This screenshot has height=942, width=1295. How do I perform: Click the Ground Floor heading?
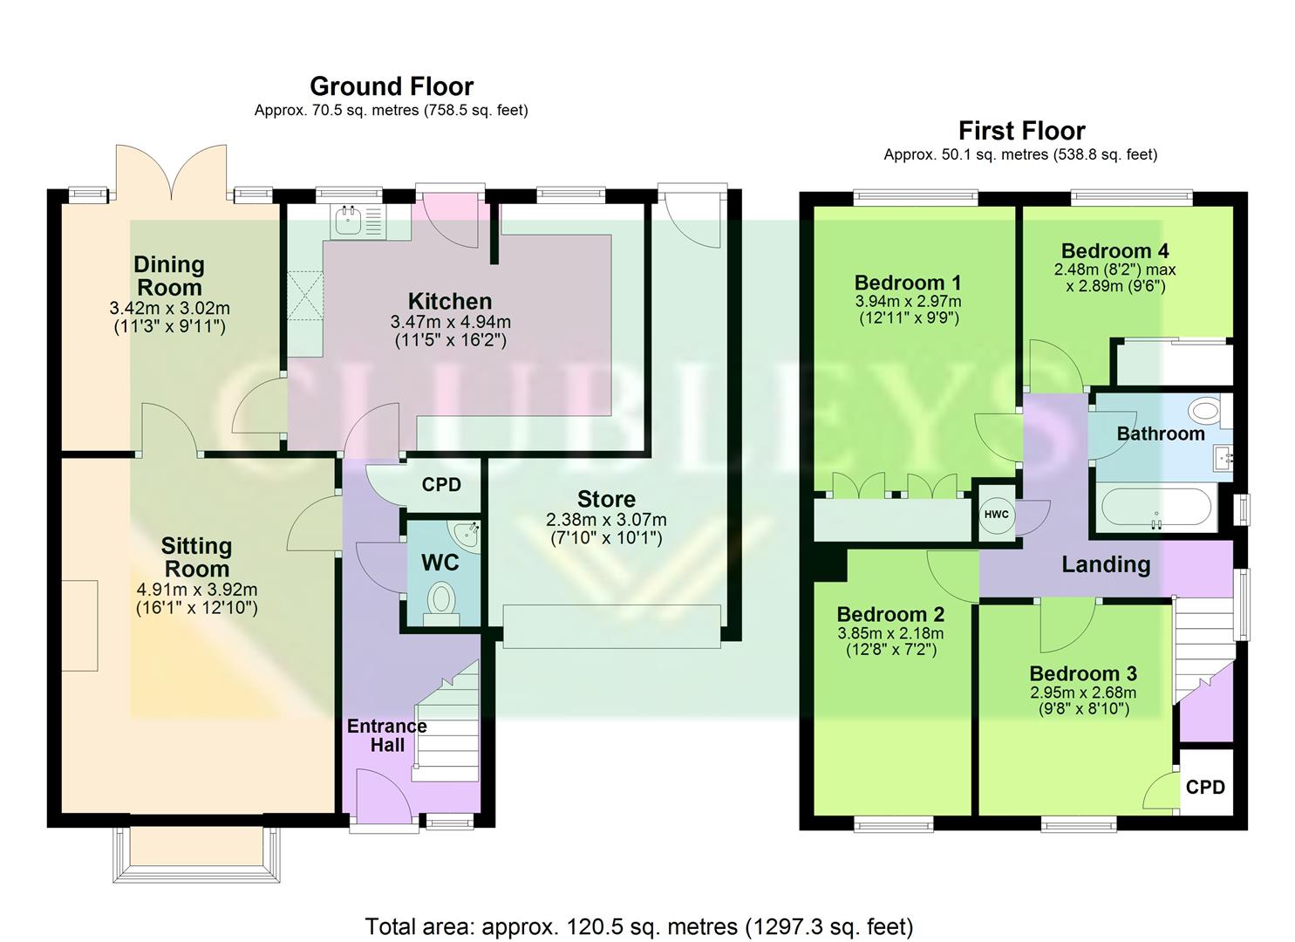[x=392, y=86]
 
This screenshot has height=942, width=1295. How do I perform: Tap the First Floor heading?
[x=1021, y=131]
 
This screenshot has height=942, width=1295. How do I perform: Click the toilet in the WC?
[x=442, y=600]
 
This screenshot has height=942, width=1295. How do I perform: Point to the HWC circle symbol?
[x=996, y=515]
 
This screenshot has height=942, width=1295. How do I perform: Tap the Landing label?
[x=1105, y=564]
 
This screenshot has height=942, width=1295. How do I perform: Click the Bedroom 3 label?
[x=1083, y=673]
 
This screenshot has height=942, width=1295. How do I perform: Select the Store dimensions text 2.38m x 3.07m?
[x=606, y=520]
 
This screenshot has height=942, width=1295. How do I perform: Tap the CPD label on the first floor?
[x=1205, y=787]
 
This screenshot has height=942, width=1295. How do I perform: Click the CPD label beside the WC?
[x=441, y=485]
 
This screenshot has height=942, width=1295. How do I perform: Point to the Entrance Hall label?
[x=387, y=735]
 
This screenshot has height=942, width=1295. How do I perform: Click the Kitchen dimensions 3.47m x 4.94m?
[x=450, y=323]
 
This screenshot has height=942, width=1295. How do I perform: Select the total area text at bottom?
[x=638, y=925]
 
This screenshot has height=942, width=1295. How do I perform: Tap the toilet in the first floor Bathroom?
[x=1206, y=409]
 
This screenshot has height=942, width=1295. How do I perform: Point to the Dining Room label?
[x=169, y=276]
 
